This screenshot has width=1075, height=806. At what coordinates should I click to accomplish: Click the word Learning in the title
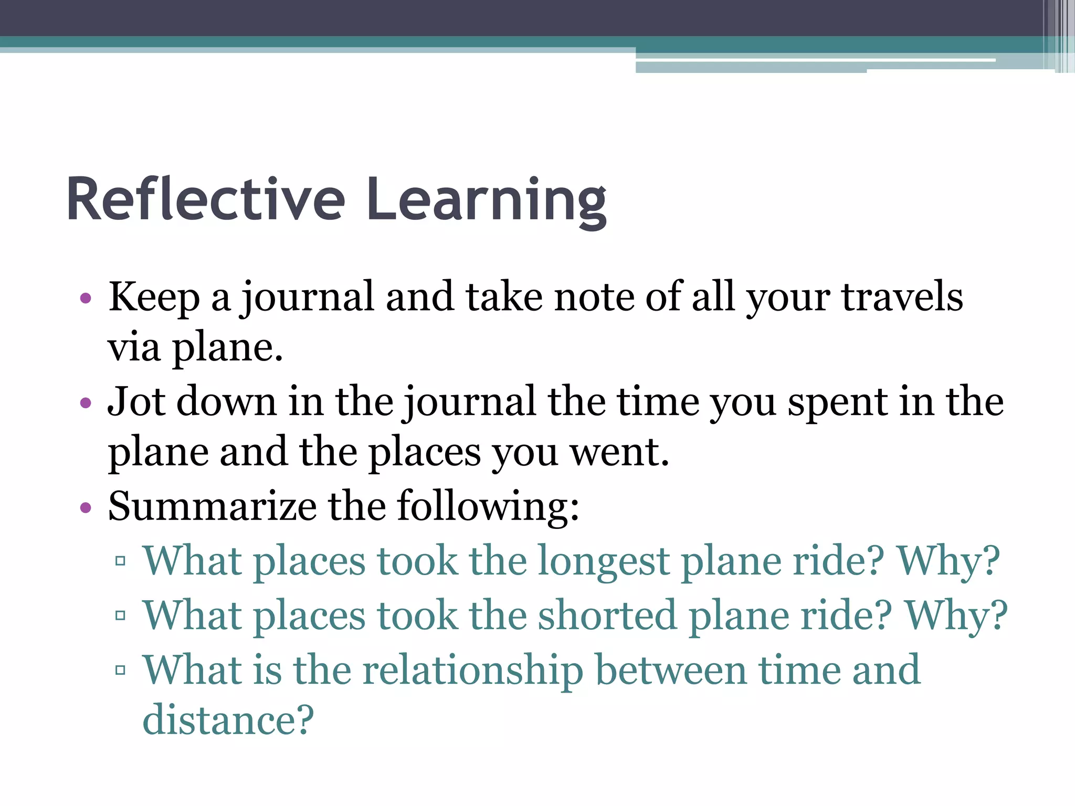487,200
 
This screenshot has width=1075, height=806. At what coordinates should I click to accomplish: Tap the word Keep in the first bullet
154,298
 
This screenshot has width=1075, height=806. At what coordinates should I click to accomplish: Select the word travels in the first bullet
902,298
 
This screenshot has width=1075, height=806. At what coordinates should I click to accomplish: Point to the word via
134,348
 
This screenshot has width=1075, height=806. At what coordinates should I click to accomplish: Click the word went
619,452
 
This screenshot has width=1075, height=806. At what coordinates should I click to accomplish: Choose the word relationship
473,670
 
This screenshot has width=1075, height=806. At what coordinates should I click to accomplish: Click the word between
671,670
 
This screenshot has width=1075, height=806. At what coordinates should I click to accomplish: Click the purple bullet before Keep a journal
86,299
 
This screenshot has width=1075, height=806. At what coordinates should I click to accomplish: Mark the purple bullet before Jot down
86,404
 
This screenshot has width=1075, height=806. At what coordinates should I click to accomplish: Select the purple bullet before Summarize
86,508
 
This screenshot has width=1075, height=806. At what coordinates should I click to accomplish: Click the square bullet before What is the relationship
120,670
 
